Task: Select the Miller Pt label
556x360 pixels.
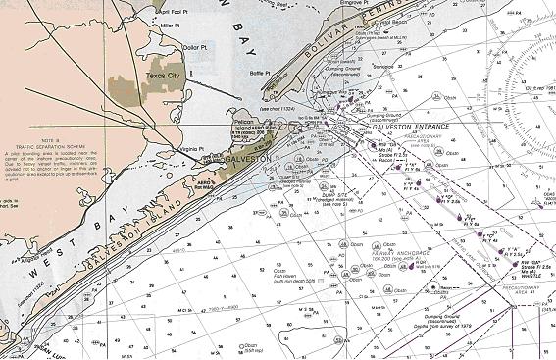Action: point(172,24)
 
